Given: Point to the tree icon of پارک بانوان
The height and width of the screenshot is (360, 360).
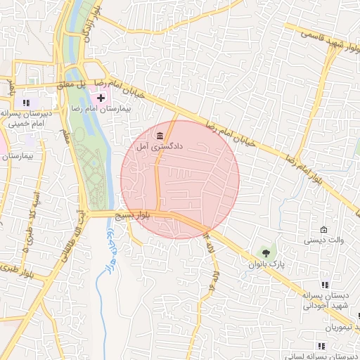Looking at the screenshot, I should click(x=265, y=252).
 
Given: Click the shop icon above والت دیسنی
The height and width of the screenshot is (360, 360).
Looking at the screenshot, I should click(x=323, y=230).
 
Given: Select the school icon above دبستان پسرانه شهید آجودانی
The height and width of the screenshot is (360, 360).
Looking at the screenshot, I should click(x=324, y=285).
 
